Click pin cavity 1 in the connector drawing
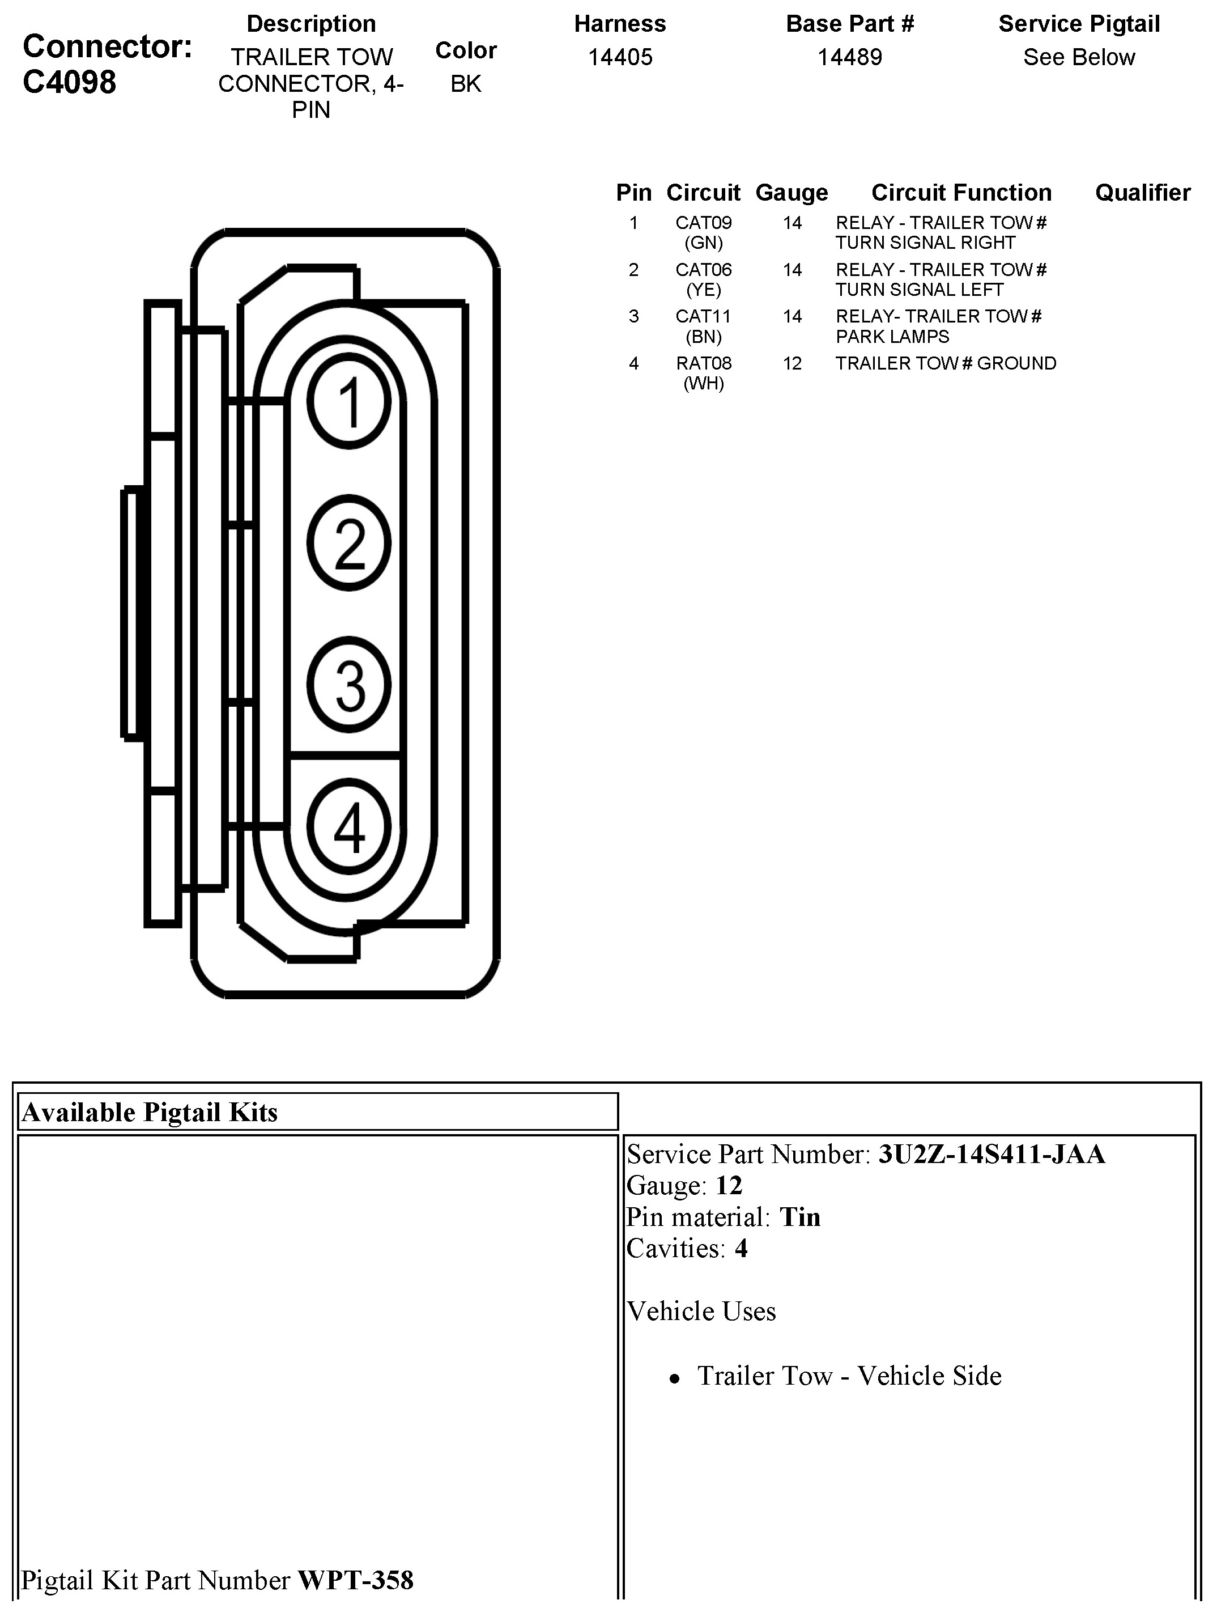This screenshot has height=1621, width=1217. point(349,402)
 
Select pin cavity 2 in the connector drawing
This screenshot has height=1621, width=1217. point(349,543)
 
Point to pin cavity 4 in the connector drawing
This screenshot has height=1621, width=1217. point(349,826)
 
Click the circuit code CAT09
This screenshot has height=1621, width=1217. point(703,223)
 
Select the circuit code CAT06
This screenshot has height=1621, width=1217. point(703,270)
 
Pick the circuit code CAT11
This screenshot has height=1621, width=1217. point(703,317)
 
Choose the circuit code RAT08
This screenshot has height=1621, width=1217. point(703,363)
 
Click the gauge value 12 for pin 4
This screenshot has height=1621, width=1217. point(792,363)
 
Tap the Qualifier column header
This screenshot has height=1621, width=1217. point(1142,193)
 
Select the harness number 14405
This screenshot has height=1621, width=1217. point(620,57)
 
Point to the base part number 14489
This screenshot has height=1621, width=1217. point(849,57)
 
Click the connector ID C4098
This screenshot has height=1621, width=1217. point(70,82)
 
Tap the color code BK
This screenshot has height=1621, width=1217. point(465,83)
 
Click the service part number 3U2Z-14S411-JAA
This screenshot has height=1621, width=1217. point(992,1154)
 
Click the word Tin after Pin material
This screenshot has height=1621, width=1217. point(799,1217)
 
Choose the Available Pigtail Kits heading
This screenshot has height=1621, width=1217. point(150,1113)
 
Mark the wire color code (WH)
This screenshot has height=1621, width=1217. point(703,383)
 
